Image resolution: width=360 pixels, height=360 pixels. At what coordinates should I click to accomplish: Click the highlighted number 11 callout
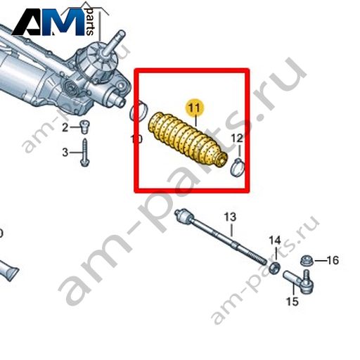click(195, 108)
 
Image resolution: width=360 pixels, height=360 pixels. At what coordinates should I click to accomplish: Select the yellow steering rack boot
click(188, 140)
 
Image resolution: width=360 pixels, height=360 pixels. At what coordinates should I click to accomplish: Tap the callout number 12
click(237, 139)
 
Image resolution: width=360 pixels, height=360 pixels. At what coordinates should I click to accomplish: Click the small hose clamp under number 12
click(238, 167)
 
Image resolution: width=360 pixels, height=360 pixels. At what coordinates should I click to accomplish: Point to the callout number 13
click(230, 217)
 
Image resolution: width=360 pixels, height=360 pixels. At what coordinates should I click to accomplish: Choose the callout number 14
click(275, 240)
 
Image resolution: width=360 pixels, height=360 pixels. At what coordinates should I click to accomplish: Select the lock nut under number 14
click(274, 268)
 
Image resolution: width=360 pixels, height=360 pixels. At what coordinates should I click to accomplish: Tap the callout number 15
click(292, 301)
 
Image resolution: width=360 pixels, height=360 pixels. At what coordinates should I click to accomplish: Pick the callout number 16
click(333, 260)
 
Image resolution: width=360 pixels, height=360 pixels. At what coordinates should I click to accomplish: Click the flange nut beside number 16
click(306, 260)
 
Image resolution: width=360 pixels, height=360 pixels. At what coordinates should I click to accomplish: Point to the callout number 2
click(65, 128)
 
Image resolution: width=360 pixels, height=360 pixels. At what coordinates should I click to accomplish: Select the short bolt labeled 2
click(84, 127)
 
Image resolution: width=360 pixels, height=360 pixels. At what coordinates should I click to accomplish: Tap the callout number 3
click(65, 153)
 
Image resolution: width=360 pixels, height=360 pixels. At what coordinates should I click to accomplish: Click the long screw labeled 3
click(84, 153)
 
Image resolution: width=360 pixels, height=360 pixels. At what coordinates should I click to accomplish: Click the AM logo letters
click(48, 22)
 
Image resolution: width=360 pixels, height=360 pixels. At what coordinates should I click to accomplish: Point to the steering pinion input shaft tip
click(121, 34)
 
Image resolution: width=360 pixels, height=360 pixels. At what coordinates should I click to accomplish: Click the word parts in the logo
click(90, 22)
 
